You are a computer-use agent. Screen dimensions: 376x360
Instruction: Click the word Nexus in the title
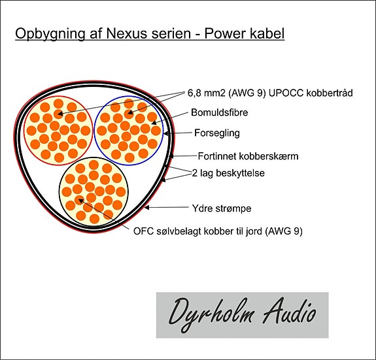point(127,33)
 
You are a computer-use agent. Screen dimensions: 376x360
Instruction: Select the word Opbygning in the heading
point(50,34)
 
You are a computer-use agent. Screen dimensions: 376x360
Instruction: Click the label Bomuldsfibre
point(220,112)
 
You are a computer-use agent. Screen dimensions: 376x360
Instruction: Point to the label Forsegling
point(217,133)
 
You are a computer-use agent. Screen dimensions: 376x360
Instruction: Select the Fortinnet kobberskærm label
point(248,156)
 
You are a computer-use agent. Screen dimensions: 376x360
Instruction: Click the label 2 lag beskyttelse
point(228,173)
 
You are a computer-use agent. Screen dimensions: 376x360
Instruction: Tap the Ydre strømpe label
point(222,208)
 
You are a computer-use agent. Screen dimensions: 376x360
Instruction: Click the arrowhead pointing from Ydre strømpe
point(146,207)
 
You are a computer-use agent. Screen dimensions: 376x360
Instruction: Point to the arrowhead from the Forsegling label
point(166,133)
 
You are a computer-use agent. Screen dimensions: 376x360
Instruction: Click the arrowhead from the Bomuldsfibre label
point(154,123)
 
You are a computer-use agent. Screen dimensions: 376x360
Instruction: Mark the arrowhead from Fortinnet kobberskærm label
point(171,156)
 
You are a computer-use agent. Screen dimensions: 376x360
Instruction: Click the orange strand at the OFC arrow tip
point(79,200)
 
